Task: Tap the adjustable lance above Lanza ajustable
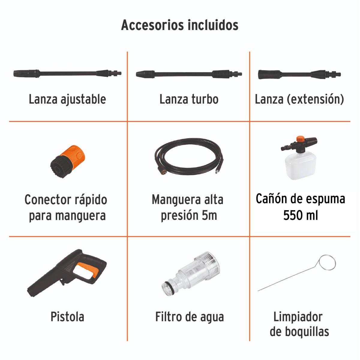pyautogui.click(x=67, y=73)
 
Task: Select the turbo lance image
pyautogui.click(x=189, y=74)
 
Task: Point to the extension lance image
pyautogui.click(x=299, y=74)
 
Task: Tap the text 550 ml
pyautogui.click(x=300, y=215)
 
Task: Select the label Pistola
pyautogui.click(x=67, y=317)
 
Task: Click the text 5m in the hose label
pyautogui.click(x=209, y=216)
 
